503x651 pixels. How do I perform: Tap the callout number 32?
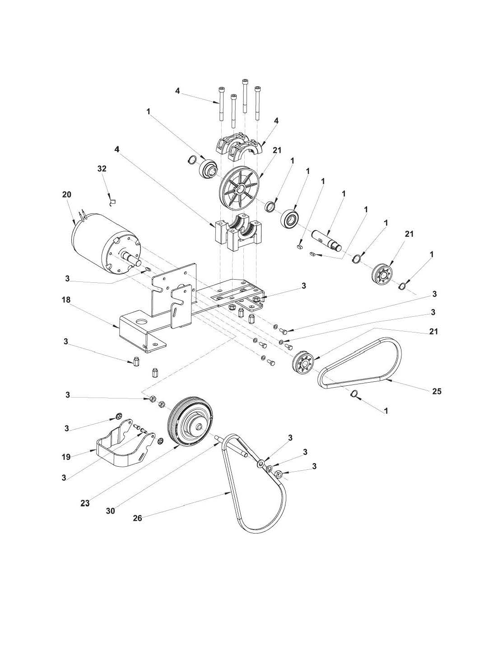point(102,169)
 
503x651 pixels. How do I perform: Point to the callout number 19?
point(66,457)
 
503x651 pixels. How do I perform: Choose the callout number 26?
point(137,518)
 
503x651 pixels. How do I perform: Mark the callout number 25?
point(436,391)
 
